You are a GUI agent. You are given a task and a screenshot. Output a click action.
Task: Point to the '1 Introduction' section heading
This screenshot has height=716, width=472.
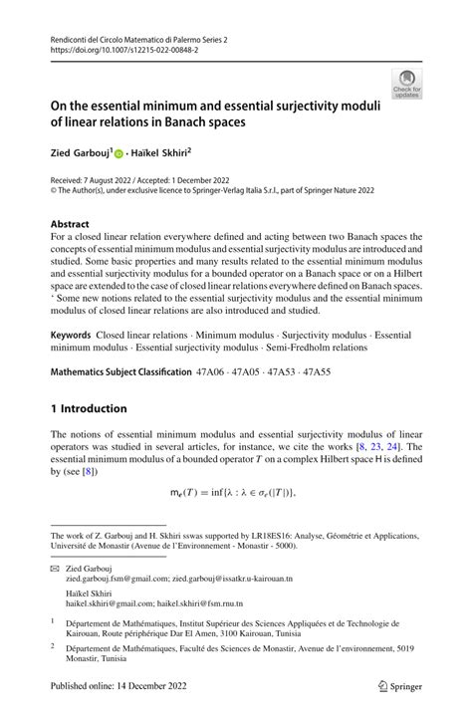pos(89,408)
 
